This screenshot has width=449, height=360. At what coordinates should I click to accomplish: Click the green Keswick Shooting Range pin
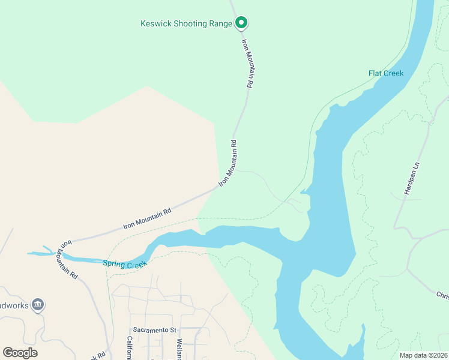241,23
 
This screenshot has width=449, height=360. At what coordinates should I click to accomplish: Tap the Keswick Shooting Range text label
186,24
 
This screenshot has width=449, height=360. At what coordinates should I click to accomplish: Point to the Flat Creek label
386,73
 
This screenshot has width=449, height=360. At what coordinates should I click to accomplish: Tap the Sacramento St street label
155,330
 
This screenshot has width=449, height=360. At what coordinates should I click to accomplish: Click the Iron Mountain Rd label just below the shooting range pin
247,64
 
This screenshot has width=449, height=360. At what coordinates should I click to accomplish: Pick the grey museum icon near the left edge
38,305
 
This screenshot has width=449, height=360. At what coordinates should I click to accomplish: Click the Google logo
20,353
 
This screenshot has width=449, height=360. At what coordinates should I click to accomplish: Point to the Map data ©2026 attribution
423,355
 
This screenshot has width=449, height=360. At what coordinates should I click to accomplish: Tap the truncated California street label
129,348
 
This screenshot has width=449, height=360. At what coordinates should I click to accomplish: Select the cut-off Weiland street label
179,349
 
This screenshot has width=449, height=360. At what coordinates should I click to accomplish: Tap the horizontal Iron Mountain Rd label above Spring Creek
147,218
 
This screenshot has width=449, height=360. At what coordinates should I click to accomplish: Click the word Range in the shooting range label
218,24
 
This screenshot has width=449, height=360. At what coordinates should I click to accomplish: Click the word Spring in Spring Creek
114,263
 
